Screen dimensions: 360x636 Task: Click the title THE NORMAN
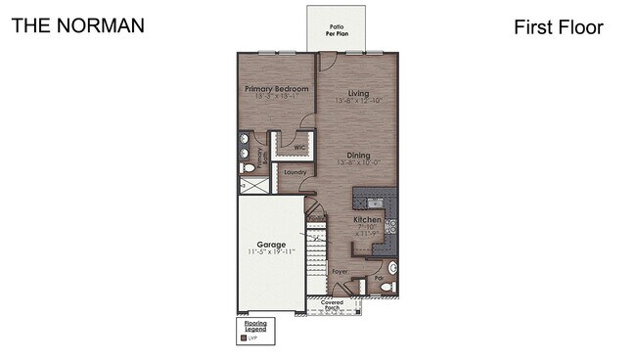pyautogui.click(x=77, y=24)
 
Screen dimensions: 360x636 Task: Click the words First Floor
pyautogui.click(x=558, y=27)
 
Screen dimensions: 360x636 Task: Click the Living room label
pyautogui.click(x=358, y=94)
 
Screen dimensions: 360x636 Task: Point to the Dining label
pyautogui.click(x=358, y=156)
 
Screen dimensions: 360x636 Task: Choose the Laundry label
pyautogui.click(x=295, y=172)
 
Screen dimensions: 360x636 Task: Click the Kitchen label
pyautogui.click(x=368, y=220)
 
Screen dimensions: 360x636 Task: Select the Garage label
pyautogui.click(x=271, y=244)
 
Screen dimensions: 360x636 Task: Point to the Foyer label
pyautogui.click(x=340, y=271)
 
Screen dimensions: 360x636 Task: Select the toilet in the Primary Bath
pyautogui.click(x=247, y=168)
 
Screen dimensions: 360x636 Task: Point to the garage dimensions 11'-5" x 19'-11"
pyautogui.click(x=271, y=252)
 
